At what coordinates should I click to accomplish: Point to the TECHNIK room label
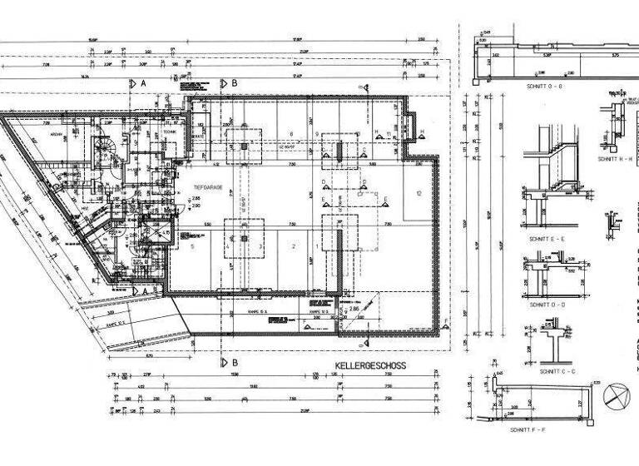(169, 131)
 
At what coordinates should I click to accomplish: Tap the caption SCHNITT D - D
(546, 304)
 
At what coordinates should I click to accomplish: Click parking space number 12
(420, 193)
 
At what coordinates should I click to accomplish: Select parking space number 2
(292, 246)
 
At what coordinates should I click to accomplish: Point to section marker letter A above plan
(143, 83)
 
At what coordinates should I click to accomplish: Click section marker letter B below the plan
(235, 363)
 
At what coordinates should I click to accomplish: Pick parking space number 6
(291, 134)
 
